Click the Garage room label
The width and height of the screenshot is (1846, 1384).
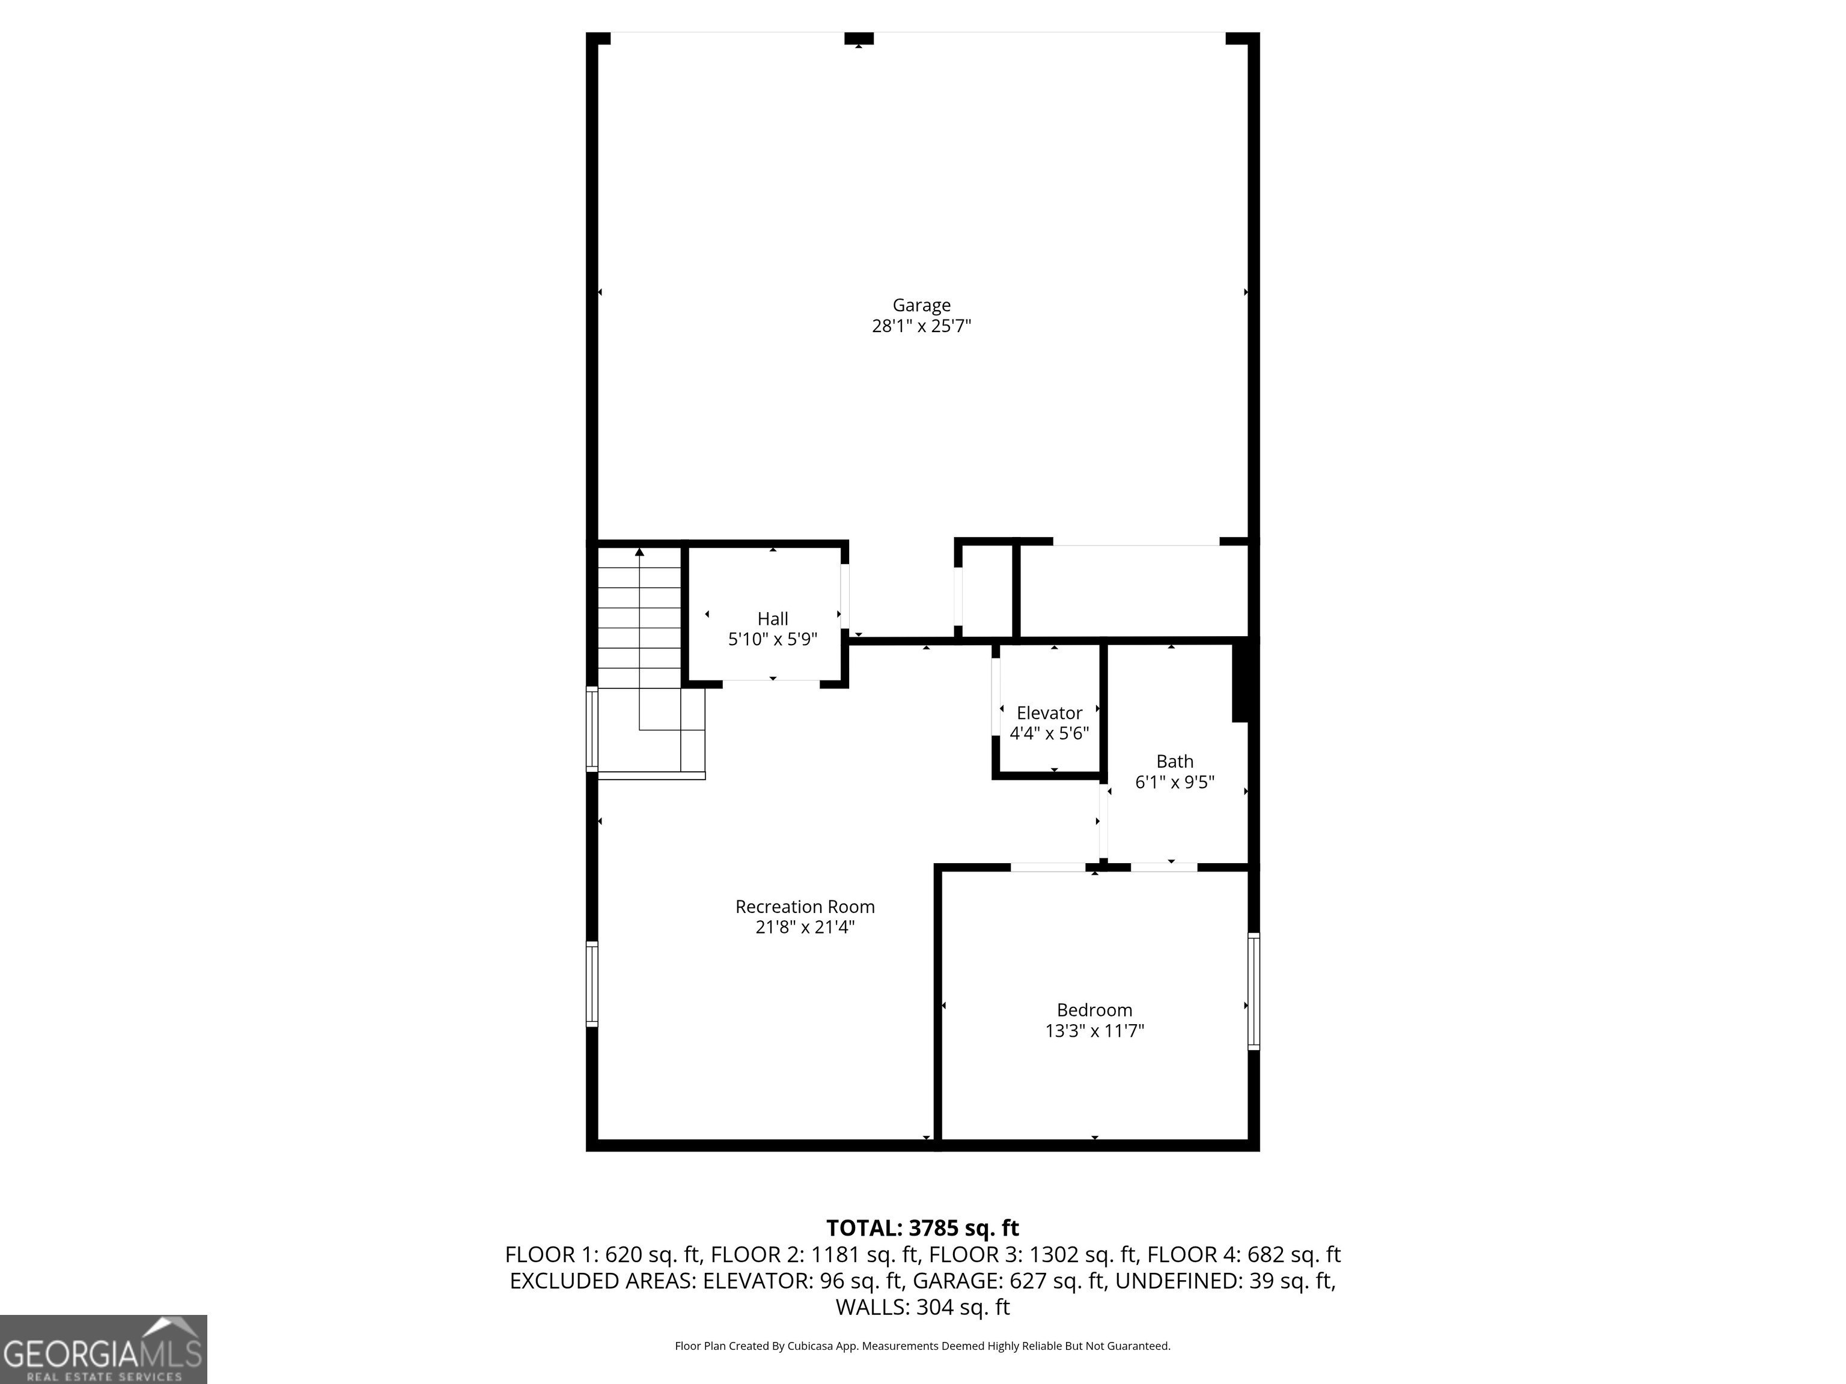pos(921,305)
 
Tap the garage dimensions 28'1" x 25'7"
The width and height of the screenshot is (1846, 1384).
pos(921,326)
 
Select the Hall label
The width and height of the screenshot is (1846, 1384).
pos(772,619)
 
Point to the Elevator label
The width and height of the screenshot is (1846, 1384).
pos(1049,713)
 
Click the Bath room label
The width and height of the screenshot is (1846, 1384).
pos(1174,762)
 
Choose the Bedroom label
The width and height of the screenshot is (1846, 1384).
pos(1094,1010)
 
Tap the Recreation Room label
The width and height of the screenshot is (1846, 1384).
pos(805,907)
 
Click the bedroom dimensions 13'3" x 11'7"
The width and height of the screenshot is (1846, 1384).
pos(1094,1031)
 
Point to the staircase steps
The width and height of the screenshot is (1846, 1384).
pos(640,618)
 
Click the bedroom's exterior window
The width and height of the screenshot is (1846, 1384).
pos(1254,991)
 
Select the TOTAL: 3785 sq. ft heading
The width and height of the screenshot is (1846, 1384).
pos(922,1228)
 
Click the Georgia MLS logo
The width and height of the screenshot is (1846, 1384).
pos(103,1349)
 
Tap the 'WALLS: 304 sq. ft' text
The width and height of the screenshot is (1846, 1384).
pos(922,1307)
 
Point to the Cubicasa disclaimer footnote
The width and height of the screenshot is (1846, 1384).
pos(922,1346)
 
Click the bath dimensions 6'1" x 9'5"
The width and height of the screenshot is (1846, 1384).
pos(1174,783)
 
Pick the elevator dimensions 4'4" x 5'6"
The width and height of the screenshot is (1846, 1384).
pos(1049,734)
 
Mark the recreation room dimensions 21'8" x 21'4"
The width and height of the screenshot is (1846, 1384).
pos(805,927)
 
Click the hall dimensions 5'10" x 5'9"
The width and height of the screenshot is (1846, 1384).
pos(772,640)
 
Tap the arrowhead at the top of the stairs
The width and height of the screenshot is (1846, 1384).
pos(640,551)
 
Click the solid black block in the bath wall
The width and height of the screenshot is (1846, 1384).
pos(1241,680)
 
